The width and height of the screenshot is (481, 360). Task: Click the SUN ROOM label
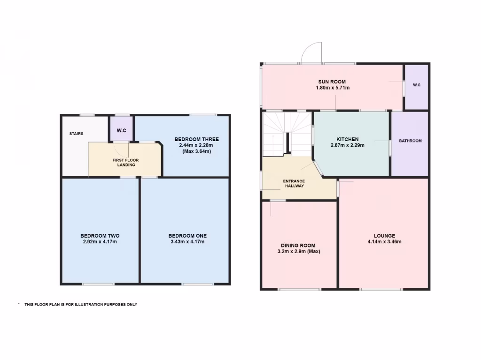pos(332,82)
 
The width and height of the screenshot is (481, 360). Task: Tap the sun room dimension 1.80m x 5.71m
pos(332,88)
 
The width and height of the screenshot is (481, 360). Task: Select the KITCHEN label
pos(348,139)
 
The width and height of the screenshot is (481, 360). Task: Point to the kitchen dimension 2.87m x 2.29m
pos(348,145)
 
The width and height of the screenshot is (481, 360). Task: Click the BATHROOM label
pos(410,141)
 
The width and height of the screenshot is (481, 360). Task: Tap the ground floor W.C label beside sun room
pos(417,85)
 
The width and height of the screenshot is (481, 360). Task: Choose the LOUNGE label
pos(384,236)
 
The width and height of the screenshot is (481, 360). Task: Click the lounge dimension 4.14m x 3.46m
pos(384,242)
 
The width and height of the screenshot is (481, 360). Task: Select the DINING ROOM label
pos(298,245)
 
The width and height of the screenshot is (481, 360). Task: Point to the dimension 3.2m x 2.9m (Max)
pos(298,251)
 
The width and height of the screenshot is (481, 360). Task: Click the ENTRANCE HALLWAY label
pos(294,183)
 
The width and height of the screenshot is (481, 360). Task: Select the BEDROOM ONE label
pos(187,236)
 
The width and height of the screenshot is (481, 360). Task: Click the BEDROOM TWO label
pos(100,236)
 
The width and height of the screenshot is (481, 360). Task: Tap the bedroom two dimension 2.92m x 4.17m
pos(100,242)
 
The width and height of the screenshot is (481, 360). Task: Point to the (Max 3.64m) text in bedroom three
pos(196,151)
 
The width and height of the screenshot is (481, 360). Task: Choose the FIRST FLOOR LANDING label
pos(126,162)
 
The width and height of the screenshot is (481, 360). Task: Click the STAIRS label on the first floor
pos(76,134)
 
